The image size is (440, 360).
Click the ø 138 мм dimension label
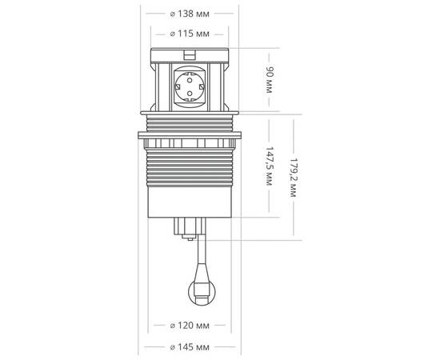[190, 14]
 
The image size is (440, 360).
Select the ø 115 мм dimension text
[190, 34]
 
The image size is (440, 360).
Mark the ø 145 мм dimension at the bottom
[190, 347]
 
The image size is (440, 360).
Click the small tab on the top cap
[190, 54]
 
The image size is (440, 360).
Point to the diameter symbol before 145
[174, 347]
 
